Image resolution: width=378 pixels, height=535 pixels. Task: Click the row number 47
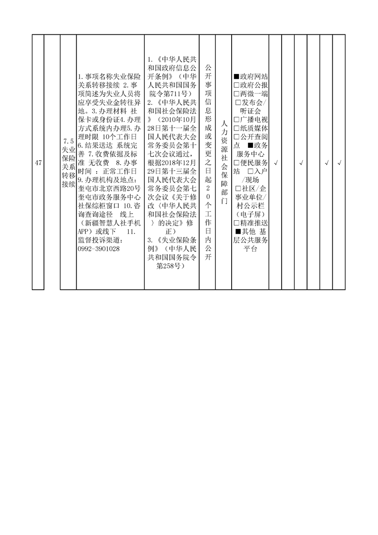(38, 163)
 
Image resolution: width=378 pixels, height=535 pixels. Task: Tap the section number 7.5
(69, 141)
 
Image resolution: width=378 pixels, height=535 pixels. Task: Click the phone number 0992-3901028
(99, 249)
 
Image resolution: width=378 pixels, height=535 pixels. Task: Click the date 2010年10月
(177, 119)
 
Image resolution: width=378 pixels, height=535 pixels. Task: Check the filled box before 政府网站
(236, 76)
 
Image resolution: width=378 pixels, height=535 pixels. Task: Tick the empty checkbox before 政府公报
(236, 85)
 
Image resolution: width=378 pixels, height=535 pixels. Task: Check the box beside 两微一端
(236, 93)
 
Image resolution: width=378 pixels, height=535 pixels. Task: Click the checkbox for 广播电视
(236, 119)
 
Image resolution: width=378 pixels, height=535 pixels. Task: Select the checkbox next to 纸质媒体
(236, 128)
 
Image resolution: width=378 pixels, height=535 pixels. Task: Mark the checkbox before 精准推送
(236, 223)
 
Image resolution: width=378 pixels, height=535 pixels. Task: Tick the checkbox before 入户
(250, 171)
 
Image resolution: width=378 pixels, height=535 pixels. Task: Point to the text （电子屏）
(251, 214)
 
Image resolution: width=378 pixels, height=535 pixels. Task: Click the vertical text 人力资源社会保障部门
(224, 162)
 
